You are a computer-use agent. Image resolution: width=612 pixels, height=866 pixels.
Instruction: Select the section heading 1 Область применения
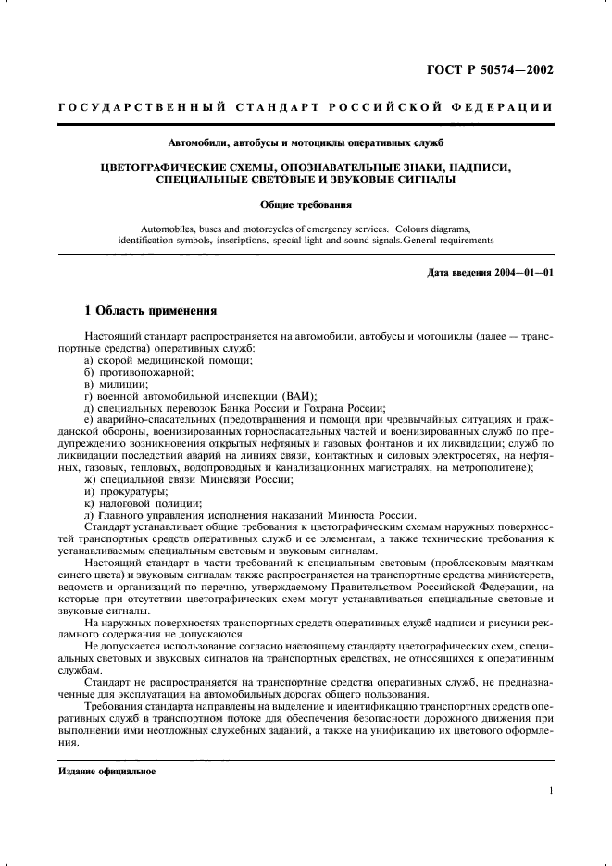pos(151,311)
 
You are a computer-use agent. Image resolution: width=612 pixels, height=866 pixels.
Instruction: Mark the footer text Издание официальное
pos(106,770)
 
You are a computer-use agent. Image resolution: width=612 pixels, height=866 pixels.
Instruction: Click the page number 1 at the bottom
pos(551,791)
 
